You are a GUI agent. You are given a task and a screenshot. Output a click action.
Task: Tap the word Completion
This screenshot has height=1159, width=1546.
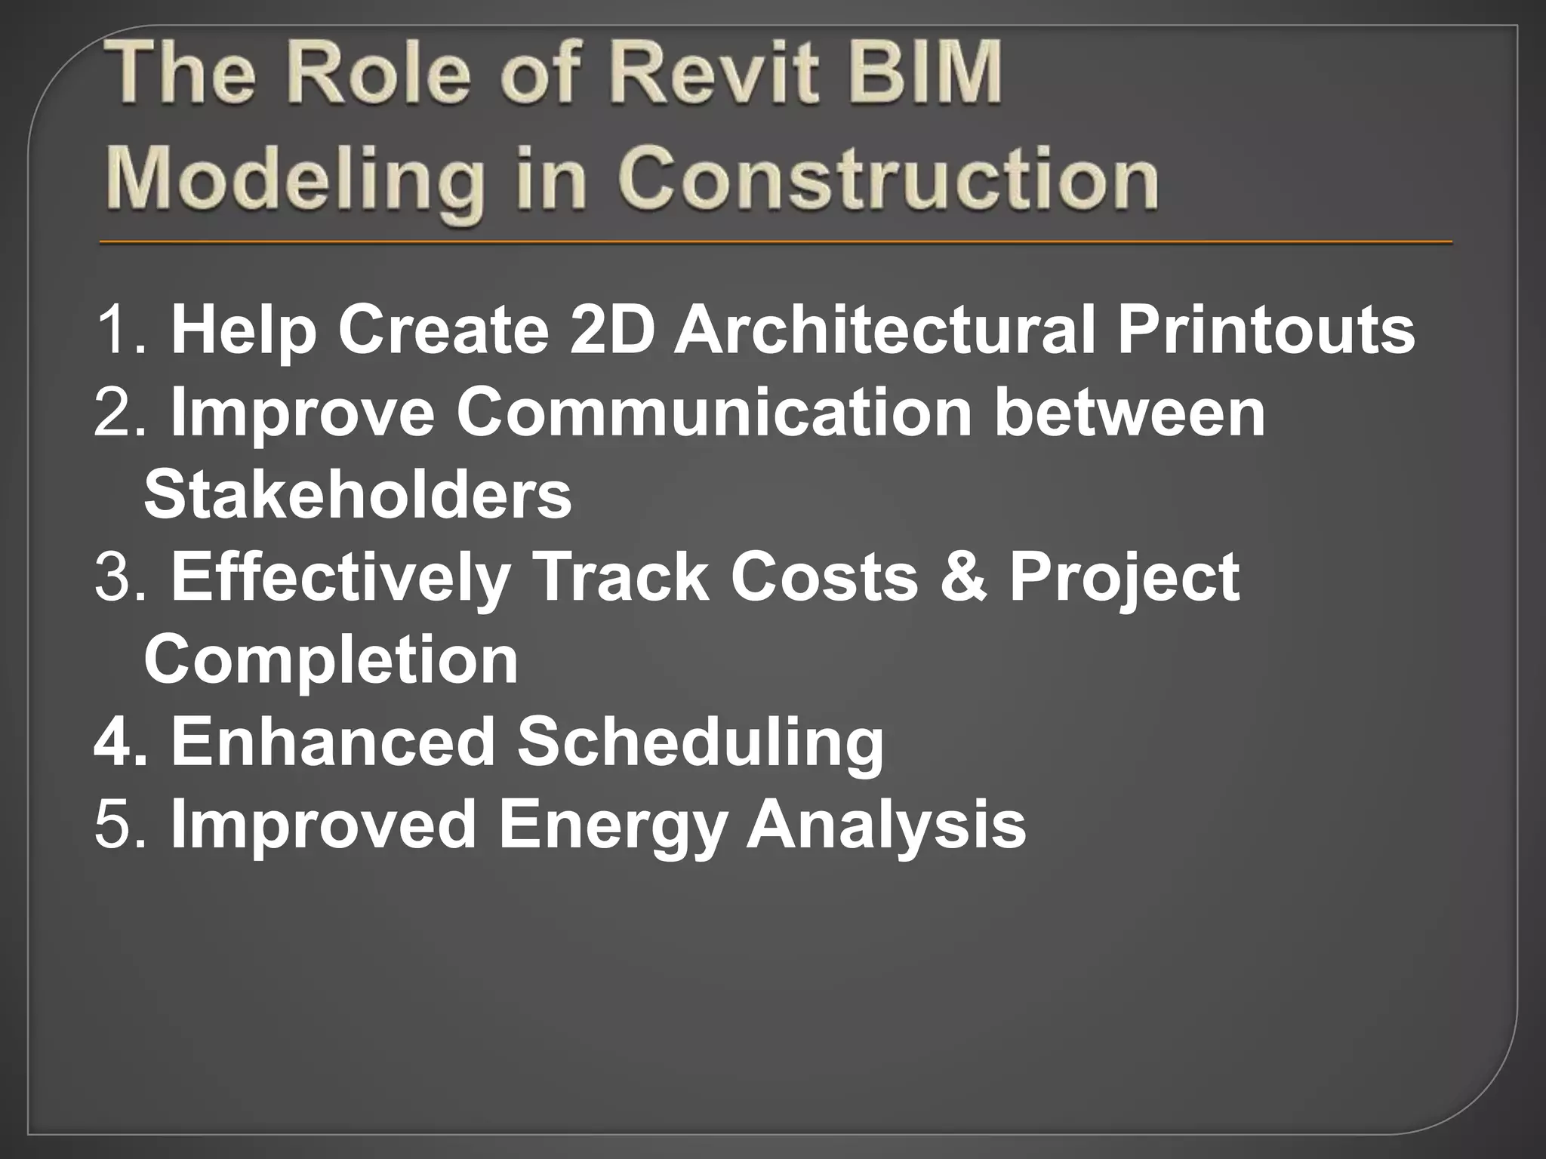coord(331,659)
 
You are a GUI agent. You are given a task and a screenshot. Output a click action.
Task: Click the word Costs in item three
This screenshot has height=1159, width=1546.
coord(824,577)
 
